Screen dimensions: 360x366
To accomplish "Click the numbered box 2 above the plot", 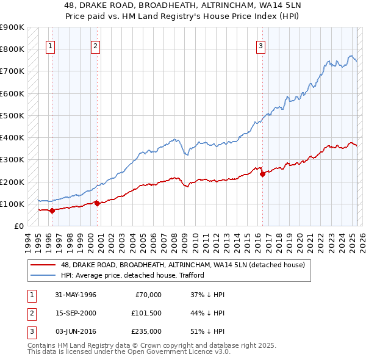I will click(x=96, y=45).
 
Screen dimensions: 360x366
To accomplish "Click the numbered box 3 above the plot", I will click(x=260, y=45).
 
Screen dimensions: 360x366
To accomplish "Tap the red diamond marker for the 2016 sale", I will click(x=263, y=174).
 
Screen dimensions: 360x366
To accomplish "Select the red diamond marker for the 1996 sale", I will click(x=52, y=211).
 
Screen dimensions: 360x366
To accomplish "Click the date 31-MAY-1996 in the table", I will click(x=76, y=295).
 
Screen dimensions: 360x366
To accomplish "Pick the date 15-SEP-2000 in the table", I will click(x=76, y=313).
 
